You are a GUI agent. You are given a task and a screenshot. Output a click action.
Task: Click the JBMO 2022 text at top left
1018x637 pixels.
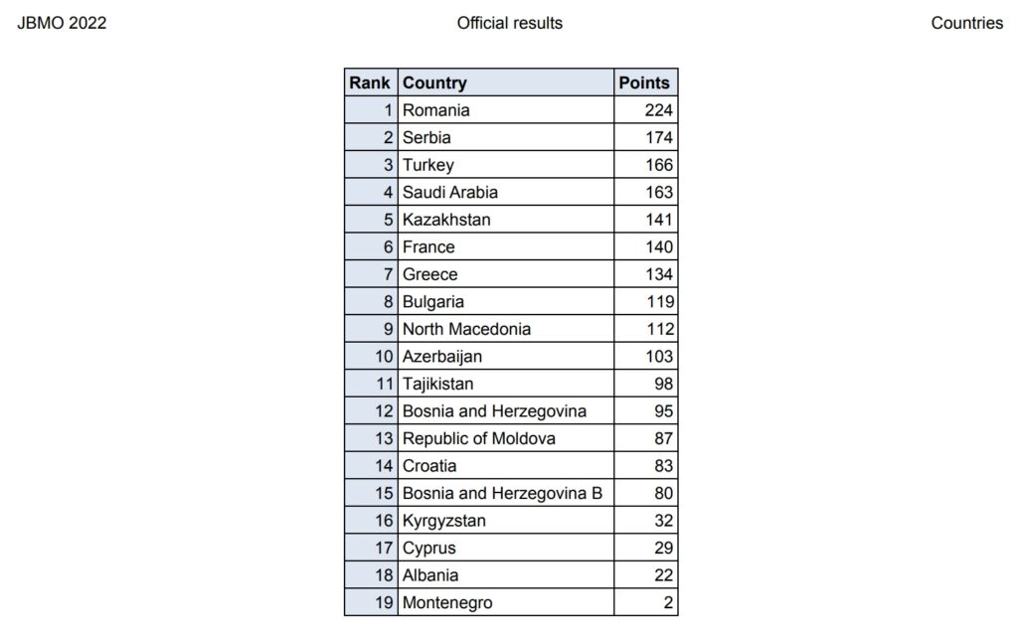coord(62,23)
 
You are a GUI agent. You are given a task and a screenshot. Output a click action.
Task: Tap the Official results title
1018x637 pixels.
coord(509,23)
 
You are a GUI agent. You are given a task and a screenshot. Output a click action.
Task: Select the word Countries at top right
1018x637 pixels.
coord(966,23)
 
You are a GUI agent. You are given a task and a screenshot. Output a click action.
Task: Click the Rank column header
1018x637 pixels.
coord(370,83)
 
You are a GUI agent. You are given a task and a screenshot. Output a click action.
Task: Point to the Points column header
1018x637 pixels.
coord(644,83)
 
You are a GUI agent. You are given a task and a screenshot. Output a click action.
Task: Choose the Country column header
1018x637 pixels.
coord(434,83)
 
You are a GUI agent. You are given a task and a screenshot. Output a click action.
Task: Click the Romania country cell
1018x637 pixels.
coord(435,110)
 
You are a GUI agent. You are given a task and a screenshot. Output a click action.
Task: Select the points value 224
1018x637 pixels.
coord(658,110)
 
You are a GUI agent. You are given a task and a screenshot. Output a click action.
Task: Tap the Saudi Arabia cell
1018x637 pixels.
coord(449,193)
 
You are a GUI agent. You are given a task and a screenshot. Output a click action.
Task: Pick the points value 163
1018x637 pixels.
coord(658,193)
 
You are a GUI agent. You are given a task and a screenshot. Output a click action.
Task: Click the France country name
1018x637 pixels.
coord(428,247)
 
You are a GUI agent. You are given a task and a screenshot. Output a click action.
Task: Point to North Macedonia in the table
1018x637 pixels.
coord(466,329)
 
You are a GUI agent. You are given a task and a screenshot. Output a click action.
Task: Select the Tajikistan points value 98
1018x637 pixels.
coord(663,384)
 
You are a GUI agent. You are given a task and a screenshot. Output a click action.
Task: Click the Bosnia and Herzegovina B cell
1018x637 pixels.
coord(502,493)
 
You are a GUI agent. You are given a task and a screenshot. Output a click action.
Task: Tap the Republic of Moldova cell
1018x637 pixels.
coord(478,438)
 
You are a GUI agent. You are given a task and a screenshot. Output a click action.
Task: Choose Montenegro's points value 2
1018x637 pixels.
coord(668,602)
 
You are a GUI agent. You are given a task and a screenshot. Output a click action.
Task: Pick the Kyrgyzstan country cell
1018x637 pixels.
coord(444,521)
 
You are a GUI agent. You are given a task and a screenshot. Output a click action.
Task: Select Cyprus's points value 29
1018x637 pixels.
coord(663,548)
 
